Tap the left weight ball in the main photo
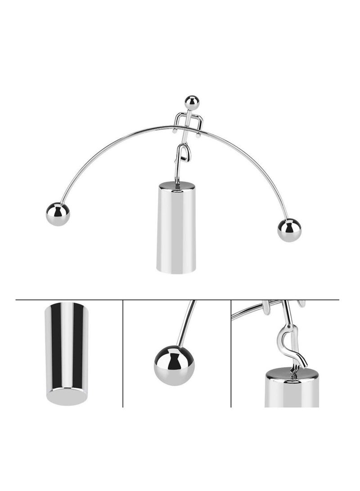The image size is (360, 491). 58,214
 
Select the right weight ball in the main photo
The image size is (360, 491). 289,230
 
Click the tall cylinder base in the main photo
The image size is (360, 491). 177,230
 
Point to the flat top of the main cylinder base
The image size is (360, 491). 177,185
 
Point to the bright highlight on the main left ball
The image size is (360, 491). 55,210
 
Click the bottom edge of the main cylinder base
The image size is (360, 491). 176,271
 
